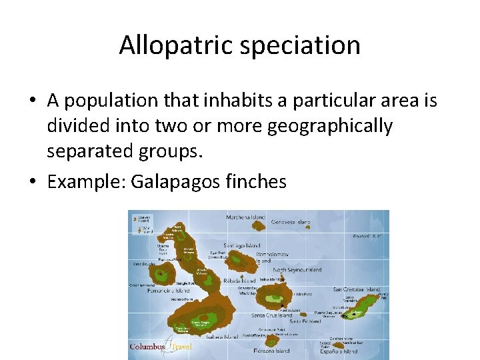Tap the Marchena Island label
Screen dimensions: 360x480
[x=246, y=217]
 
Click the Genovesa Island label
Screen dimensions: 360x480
[x=291, y=221]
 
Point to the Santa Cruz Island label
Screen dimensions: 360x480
[x=271, y=315]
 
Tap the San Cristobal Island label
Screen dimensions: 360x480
[x=357, y=291]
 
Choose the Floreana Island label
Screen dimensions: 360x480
[x=272, y=350]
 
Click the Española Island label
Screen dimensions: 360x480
[x=339, y=351]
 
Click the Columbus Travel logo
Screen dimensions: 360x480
[x=160, y=347]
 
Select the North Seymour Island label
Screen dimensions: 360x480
[x=296, y=270]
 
